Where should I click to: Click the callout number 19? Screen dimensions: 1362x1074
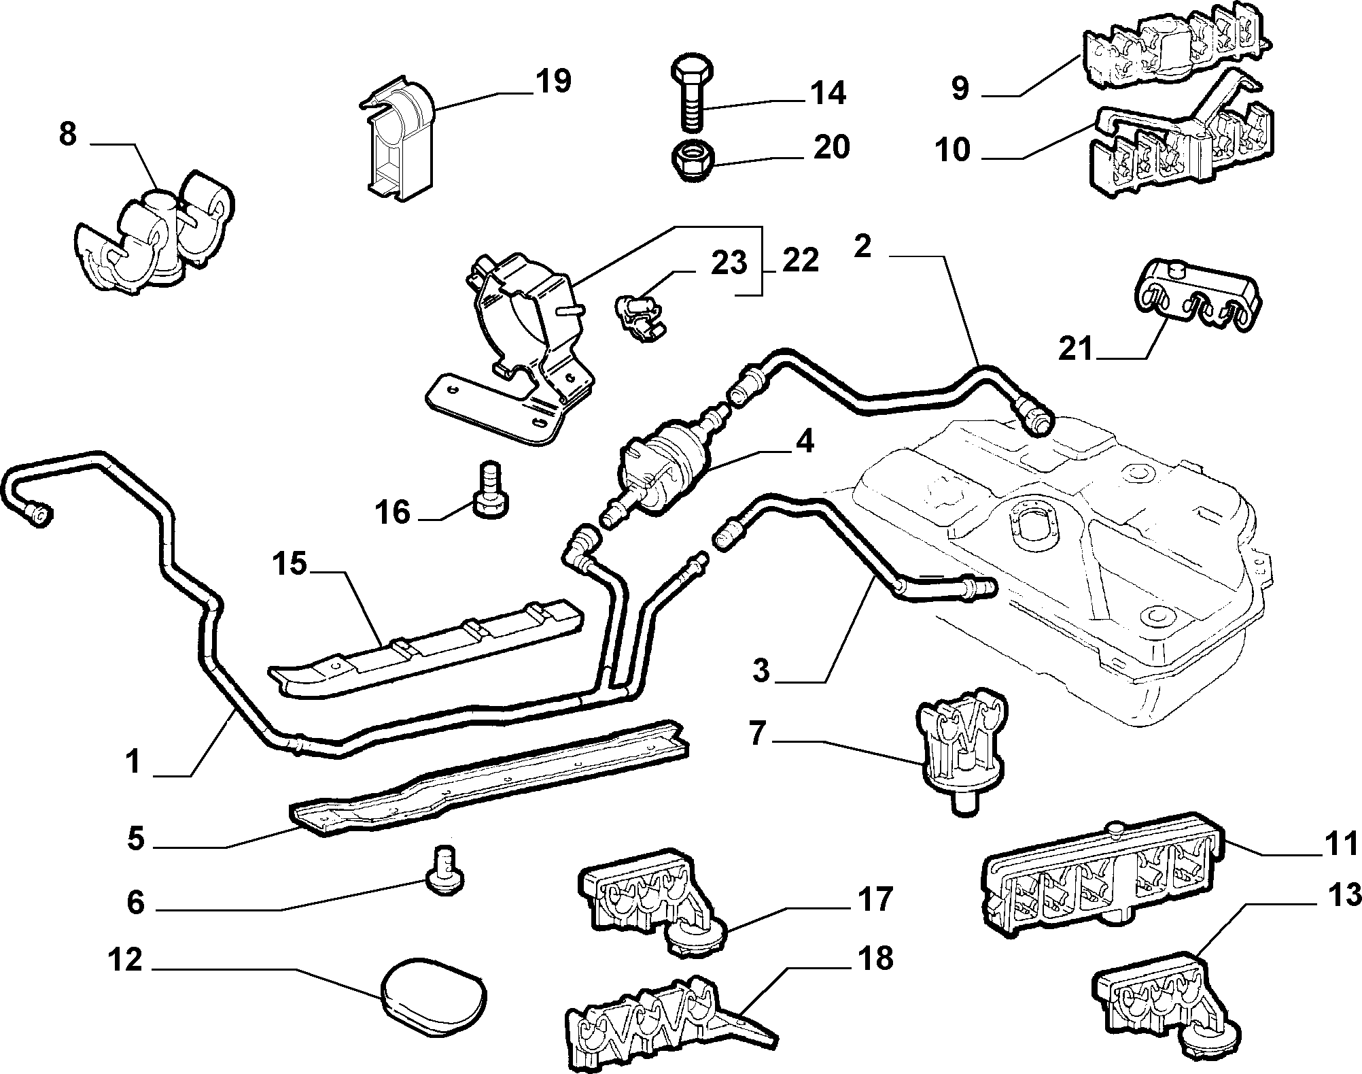(x=553, y=82)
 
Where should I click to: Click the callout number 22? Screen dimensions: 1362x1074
(x=800, y=261)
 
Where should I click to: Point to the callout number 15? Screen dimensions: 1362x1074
(x=290, y=564)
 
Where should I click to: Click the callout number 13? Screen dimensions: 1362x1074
(x=1344, y=896)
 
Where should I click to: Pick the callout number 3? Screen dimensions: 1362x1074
(x=761, y=671)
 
